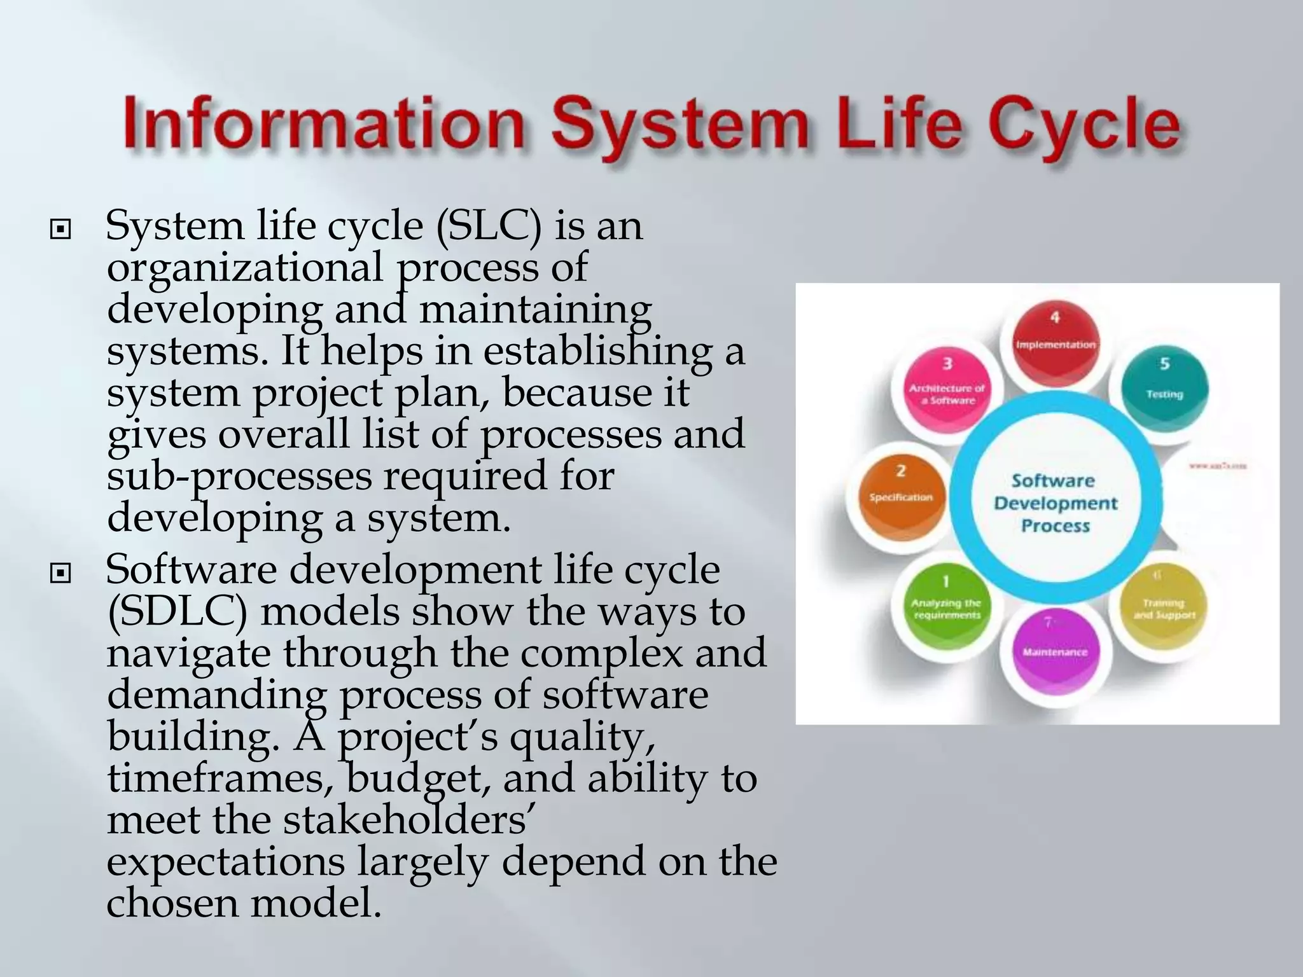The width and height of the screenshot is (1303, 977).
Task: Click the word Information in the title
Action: [324, 125]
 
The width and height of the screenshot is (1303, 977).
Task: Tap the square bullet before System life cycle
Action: [60, 228]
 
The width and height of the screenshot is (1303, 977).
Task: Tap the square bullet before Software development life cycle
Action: [60, 573]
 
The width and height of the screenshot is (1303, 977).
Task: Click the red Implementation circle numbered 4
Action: [1055, 344]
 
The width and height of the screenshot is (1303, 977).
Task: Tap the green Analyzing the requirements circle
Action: [947, 604]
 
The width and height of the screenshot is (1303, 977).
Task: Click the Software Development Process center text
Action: [1055, 503]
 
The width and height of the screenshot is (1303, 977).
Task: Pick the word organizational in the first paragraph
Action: [245, 268]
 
